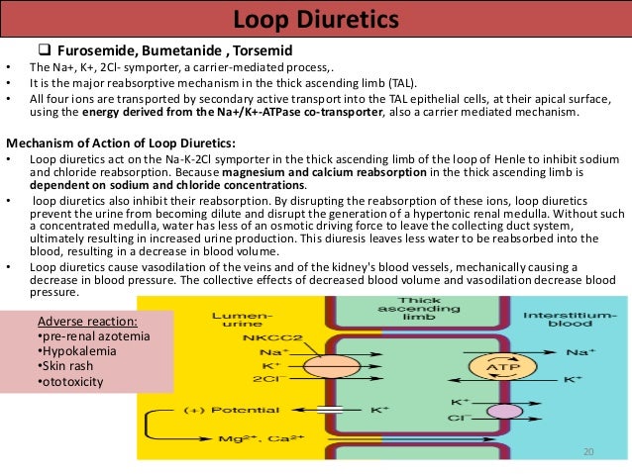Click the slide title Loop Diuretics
click(x=316, y=20)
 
